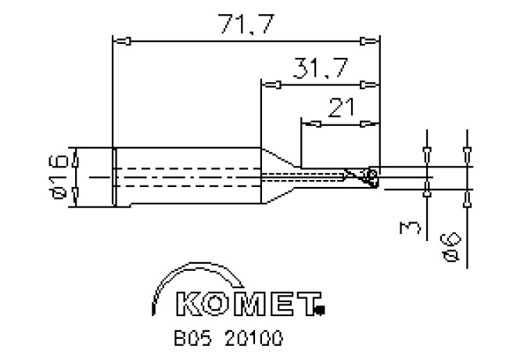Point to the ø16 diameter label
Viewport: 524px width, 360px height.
pos(54,178)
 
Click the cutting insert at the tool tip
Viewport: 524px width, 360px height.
pos(371,178)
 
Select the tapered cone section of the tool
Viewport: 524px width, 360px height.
pos(279,178)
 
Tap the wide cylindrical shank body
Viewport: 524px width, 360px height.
pos(188,178)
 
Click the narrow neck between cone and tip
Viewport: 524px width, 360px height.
pos(321,178)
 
